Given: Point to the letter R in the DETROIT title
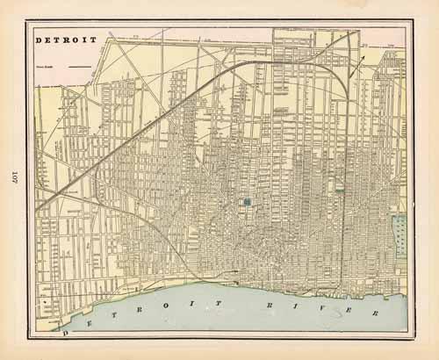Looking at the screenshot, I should coord(66,40).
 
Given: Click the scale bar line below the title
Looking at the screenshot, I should coord(79,65).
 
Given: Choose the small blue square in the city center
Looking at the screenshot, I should coord(248,203).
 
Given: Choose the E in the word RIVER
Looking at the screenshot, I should coord(345,312).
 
